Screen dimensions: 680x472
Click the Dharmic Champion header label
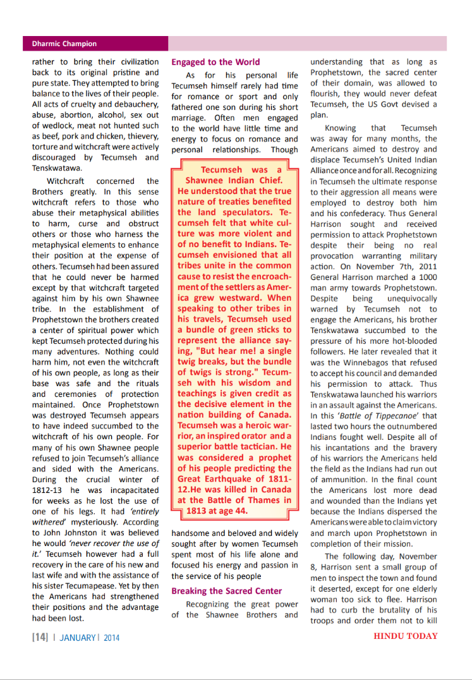pos(64,44)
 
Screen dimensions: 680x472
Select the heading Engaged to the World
pos(215,62)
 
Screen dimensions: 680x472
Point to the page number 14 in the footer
pos(40,637)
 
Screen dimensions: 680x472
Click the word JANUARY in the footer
pos(78,637)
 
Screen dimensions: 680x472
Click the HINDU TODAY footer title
pos(406,636)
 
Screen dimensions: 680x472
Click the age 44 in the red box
pos(236,510)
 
